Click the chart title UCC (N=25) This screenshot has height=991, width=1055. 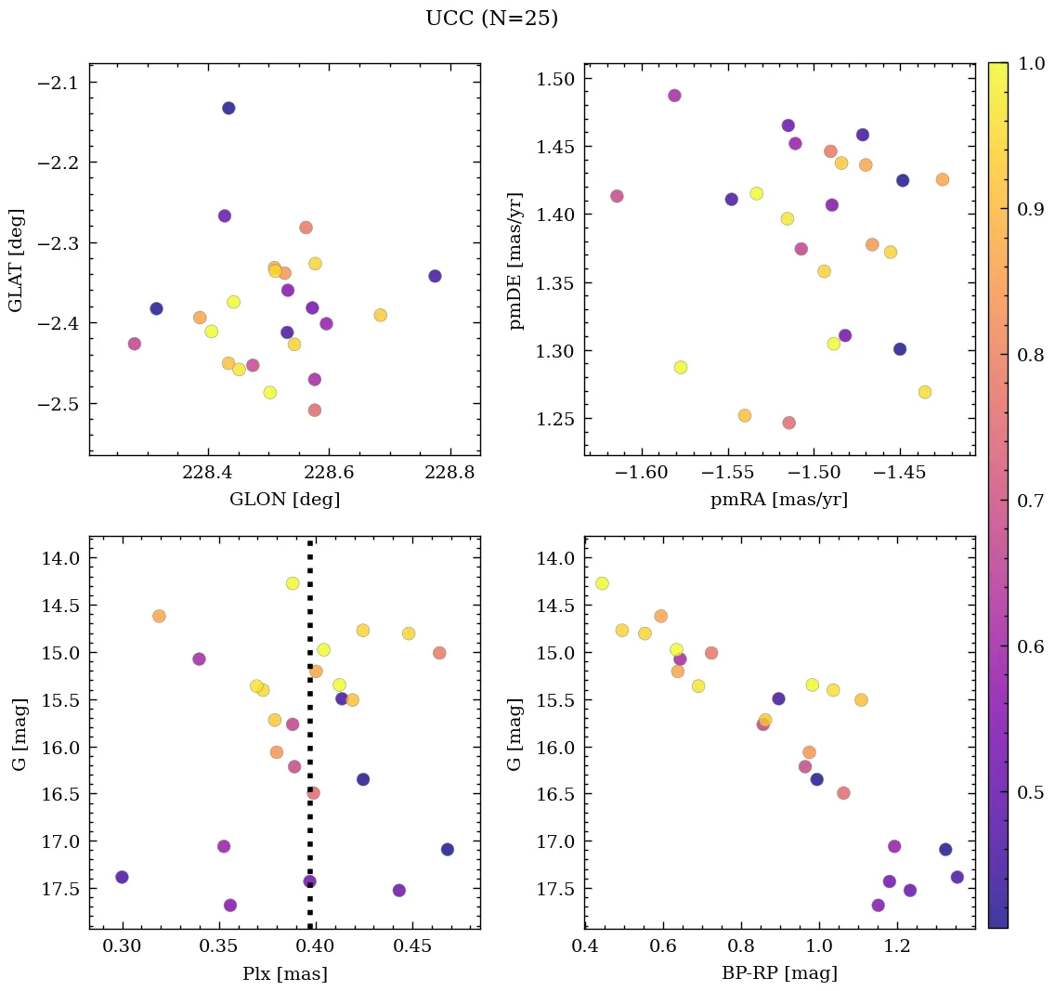(491, 19)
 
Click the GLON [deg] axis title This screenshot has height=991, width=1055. (284, 500)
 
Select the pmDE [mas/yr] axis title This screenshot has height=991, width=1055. (516, 261)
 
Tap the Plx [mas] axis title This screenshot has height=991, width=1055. (284, 973)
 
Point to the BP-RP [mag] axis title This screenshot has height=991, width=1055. (779, 973)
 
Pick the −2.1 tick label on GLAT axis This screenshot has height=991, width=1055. (56, 83)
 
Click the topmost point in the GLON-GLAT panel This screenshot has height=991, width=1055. (228, 108)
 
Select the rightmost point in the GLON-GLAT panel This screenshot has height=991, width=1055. (435, 276)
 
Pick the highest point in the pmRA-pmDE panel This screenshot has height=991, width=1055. (674, 96)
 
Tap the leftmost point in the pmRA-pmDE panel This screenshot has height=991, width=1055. (617, 196)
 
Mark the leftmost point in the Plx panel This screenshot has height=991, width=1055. (122, 877)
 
